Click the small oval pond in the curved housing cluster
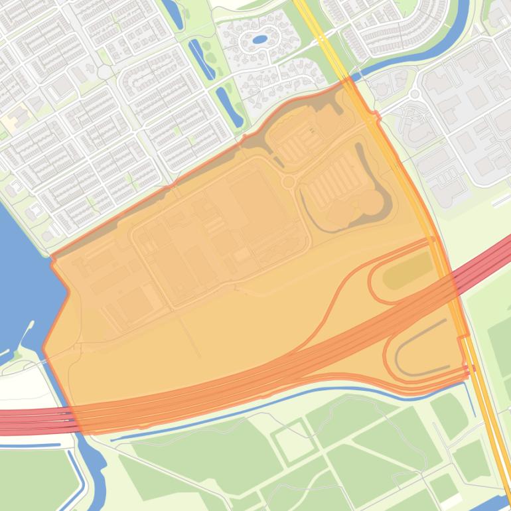tap(260, 39)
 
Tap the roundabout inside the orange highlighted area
tap(289, 181)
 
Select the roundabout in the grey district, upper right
tap(415, 95)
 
